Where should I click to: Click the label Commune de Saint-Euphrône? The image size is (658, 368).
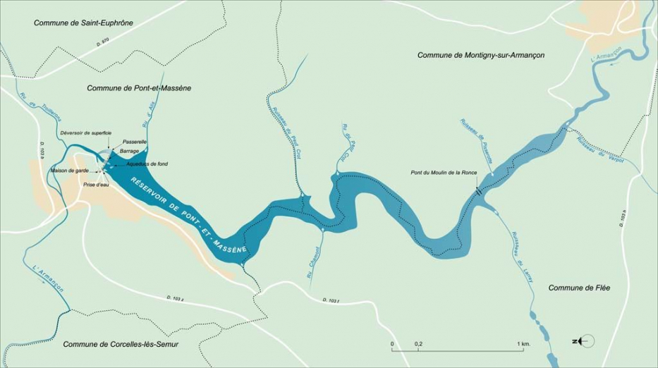pyautogui.click(x=83, y=23)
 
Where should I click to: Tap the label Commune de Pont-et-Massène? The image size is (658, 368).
pyautogui.click(x=139, y=88)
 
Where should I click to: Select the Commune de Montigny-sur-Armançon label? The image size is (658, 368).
pyautogui.click(x=481, y=55)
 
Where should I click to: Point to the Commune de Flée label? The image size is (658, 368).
pyautogui.click(x=579, y=288)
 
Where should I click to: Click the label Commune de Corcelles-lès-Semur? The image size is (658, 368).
pyautogui.click(x=121, y=344)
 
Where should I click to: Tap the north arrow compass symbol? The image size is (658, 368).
pyautogui.click(x=585, y=341)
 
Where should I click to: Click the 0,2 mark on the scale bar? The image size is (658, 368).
pyautogui.click(x=418, y=343)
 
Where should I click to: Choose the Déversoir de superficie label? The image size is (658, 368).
pyautogui.click(x=86, y=133)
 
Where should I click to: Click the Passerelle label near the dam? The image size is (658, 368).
pyautogui.click(x=134, y=142)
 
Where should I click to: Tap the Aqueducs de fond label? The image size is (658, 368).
pyautogui.click(x=147, y=164)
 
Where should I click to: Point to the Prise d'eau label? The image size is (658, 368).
pyautogui.click(x=95, y=184)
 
